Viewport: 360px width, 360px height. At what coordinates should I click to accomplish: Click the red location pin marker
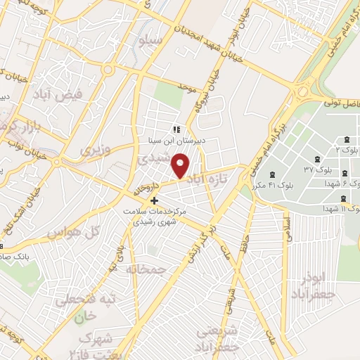tap(181, 165)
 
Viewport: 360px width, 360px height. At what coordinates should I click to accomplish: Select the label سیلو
tap(150, 41)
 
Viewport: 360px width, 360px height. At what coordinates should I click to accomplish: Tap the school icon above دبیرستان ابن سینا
tap(176, 129)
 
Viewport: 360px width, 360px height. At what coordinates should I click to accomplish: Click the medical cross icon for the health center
tap(154, 200)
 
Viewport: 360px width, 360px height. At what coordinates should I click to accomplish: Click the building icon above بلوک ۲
tap(347, 139)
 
